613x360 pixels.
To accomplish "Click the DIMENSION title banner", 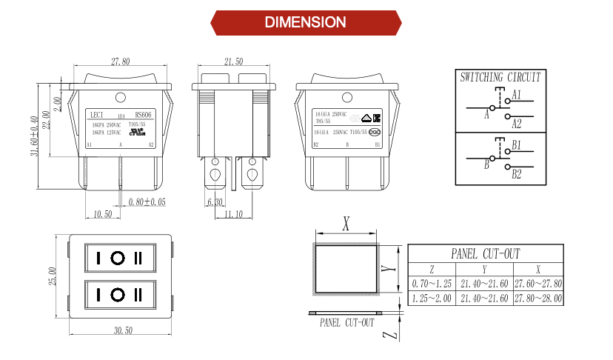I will [306, 22].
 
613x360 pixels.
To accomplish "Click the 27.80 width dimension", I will [121, 61].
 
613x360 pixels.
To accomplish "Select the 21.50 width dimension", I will [233, 61].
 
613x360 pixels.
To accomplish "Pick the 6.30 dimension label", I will [215, 201].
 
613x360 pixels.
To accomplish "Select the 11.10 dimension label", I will [233, 214].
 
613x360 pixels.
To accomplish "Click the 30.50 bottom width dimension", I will [123, 330].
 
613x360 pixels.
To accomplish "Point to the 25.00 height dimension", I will [53, 276].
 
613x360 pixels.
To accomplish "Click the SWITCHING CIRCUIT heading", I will [500, 77].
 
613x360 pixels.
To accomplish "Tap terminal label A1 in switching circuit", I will [517, 95].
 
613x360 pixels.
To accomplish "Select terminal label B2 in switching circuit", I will [517, 174].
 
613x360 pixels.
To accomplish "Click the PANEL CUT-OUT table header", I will [485, 253].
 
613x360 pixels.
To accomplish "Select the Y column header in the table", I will [484, 270].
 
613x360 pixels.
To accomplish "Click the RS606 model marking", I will [144, 115].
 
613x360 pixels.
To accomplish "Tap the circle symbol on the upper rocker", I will [118, 259].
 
